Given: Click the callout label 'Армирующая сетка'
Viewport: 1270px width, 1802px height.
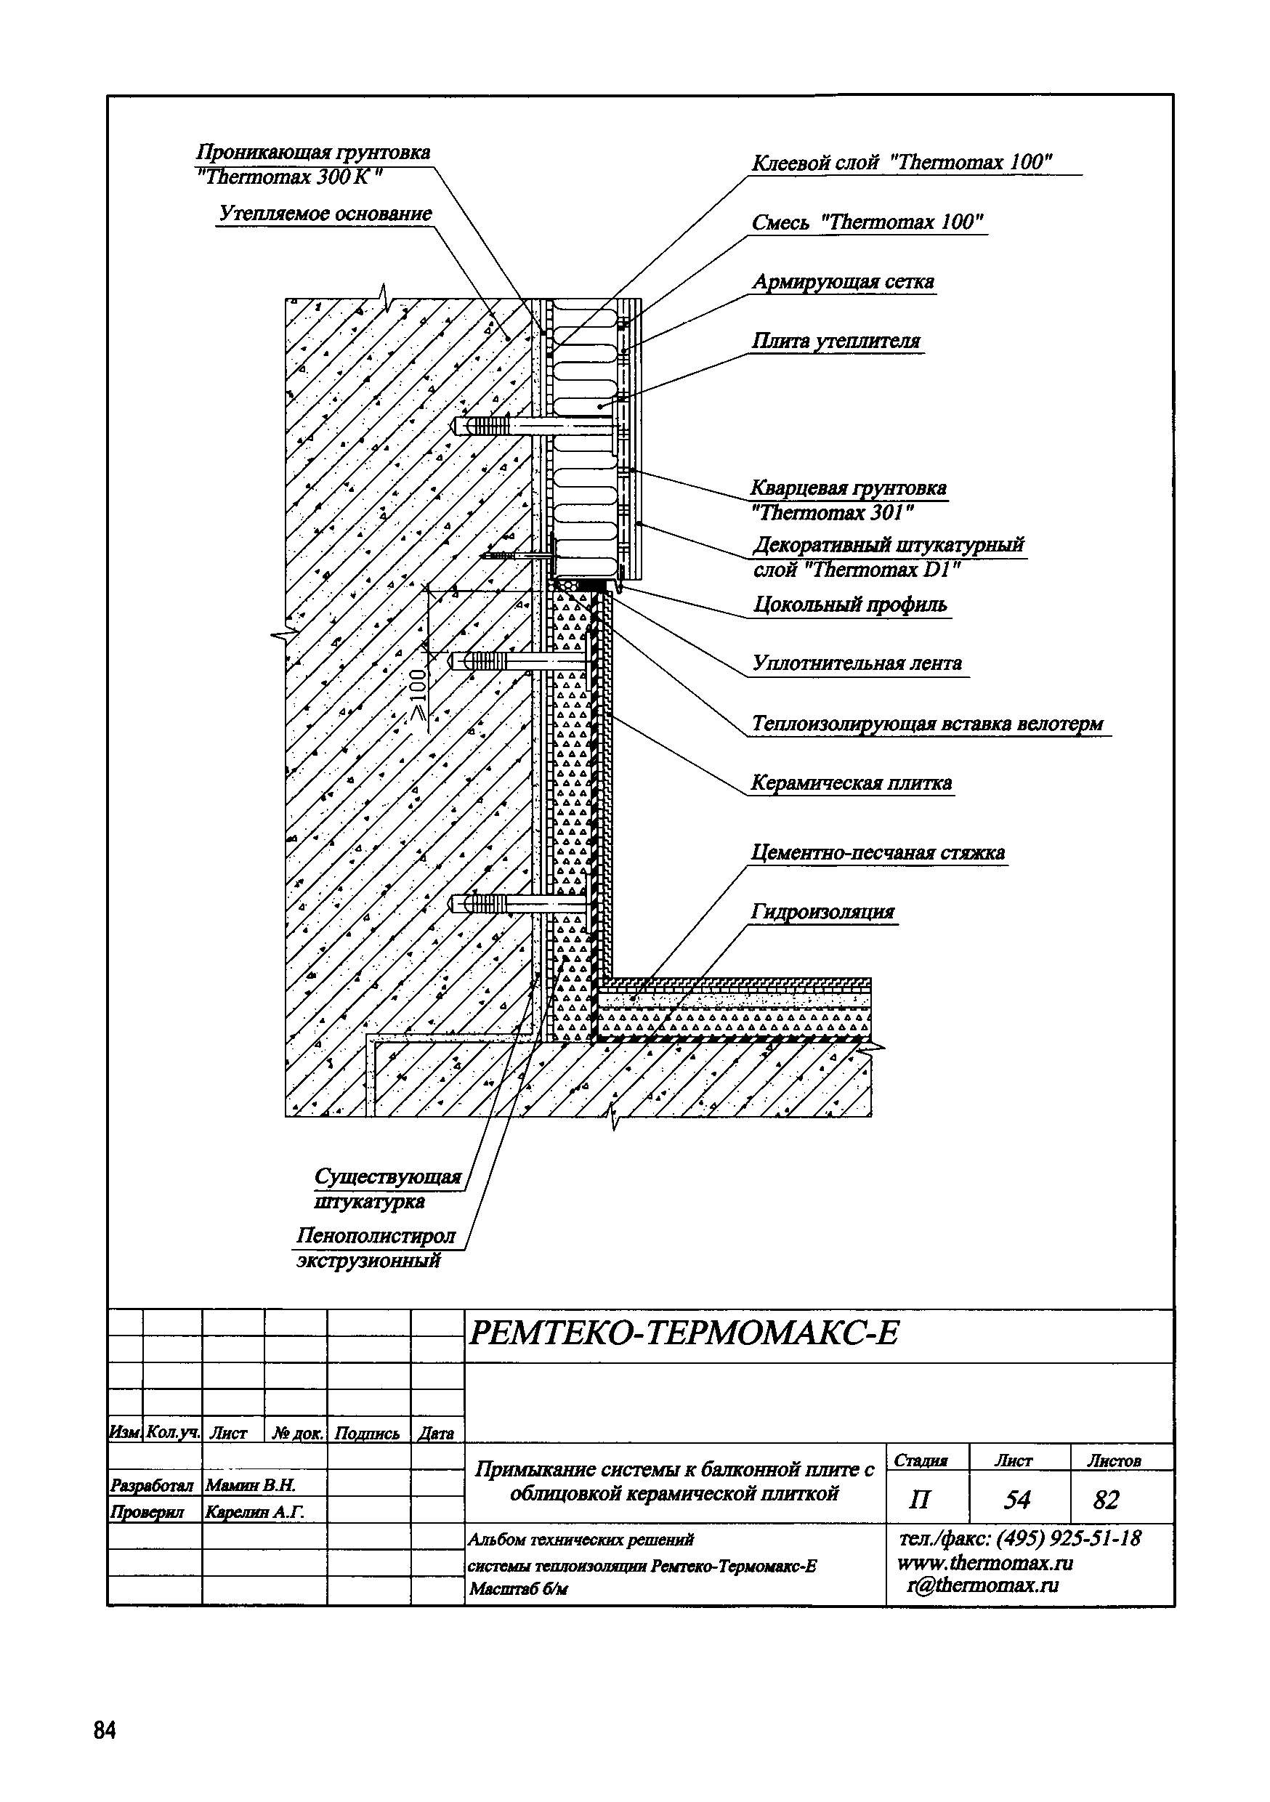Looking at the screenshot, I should click(843, 282).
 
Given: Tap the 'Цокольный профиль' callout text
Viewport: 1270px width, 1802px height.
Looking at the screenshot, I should click(850, 605).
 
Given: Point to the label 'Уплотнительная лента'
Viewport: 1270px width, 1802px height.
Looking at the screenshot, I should click(857, 663).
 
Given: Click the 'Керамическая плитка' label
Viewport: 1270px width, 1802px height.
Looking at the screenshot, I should click(852, 783).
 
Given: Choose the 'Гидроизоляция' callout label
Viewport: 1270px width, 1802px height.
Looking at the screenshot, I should click(822, 911).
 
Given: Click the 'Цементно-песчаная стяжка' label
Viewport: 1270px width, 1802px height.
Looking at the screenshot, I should click(878, 852).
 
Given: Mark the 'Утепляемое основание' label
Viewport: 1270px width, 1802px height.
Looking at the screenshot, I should click(325, 214).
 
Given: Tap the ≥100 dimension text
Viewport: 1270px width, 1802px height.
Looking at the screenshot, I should click(419, 693).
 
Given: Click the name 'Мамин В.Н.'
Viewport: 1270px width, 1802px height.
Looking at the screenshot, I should click(250, 1485).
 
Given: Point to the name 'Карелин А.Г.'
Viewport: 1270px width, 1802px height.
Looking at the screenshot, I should click(254, 1511).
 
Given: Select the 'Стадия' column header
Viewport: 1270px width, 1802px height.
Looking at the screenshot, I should click(921, 1460).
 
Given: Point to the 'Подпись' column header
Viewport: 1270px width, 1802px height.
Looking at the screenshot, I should click(367, 1434).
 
